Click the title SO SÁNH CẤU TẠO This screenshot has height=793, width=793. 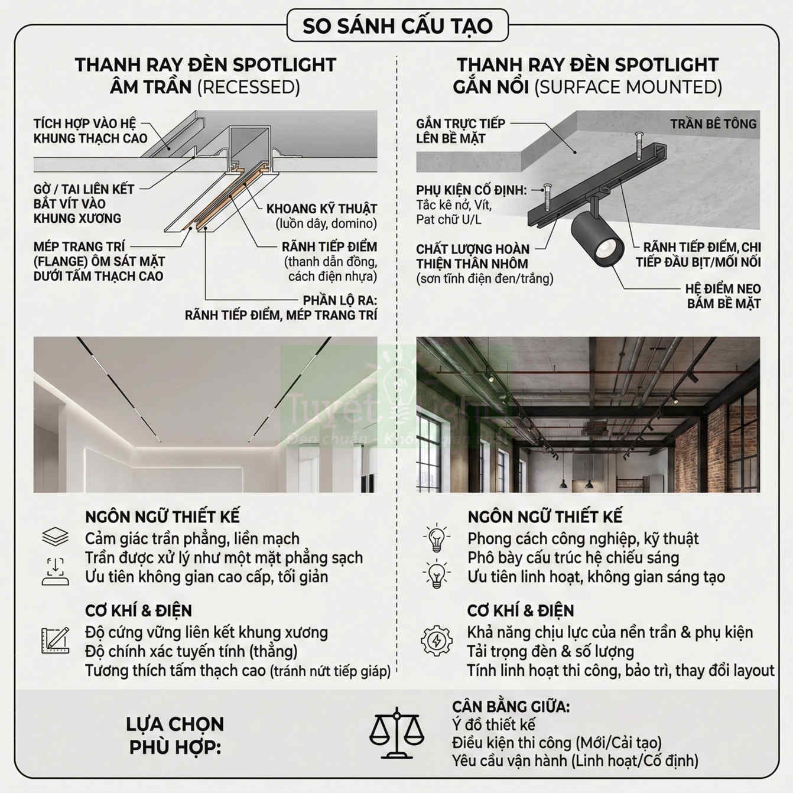coord(397,26)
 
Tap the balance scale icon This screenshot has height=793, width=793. coord(396,733)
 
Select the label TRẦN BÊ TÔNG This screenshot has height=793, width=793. coord(713,124)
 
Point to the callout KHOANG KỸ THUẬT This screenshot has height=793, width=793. coord(321,209)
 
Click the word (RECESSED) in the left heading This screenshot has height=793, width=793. coord(248,87)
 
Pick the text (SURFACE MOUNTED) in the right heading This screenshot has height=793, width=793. coord(628,87)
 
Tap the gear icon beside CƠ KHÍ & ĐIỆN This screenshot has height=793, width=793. coord(436,641)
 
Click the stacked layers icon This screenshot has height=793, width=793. coord(56,537)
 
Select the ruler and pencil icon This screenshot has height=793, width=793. coord(56,641)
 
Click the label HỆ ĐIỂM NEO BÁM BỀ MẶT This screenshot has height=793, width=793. coord(723,296)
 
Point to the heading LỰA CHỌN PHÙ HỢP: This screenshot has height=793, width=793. coord(175,735)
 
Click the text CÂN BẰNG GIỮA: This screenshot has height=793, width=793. coord(511,707)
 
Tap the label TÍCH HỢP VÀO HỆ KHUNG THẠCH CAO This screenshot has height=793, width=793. coord(90,131)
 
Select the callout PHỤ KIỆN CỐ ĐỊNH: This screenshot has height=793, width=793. coord(471,190)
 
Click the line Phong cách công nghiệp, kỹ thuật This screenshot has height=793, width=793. coord(583,539)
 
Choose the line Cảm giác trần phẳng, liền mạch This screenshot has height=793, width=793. coord(192,539)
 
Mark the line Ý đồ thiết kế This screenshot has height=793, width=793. coord(493,724)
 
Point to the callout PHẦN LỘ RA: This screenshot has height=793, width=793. coord(340,300)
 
